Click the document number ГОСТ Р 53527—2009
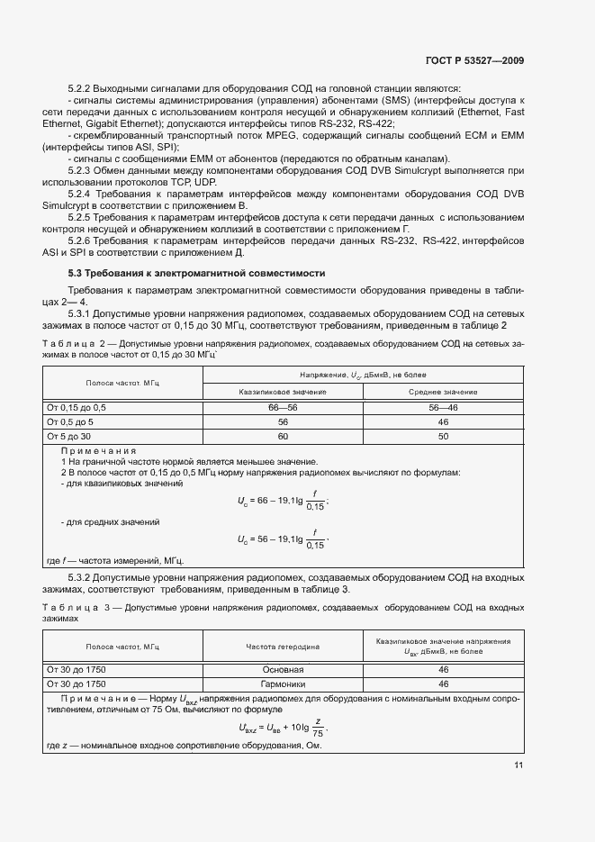pos(473,60)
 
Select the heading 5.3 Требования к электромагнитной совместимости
pos(196,273)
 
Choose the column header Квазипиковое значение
pos(282,392)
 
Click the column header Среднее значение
pos(442,392)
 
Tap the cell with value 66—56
pos(282,408)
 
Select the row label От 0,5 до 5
pos(70,421)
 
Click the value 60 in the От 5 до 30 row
pos(282,435)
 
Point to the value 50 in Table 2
pos(442,435)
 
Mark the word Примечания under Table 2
pos(98,450)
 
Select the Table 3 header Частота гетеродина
pos(283,647)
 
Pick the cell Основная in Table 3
pos(283,670)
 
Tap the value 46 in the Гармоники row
pos(442,684)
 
